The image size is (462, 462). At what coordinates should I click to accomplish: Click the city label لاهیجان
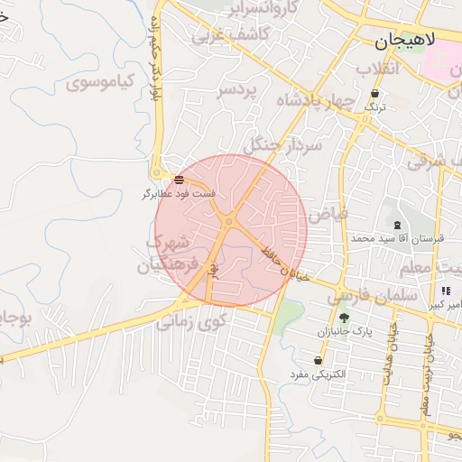(405, 41)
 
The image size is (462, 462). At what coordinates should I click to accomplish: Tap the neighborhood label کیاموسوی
(100, 80)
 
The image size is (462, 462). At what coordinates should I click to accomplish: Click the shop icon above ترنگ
(374, 93)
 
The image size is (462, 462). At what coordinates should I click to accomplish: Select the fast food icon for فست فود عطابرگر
(179, 180)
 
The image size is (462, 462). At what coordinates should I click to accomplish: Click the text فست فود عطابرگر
(179, 193)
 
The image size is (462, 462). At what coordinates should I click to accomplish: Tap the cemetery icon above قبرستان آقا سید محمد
(397, 224)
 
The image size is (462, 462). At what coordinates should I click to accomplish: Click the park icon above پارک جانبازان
(344, 318)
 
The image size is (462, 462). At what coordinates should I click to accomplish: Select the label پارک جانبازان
(344, 332)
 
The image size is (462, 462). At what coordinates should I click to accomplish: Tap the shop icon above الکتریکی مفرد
(318, 361)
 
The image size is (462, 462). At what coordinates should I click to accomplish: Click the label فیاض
(327, 215)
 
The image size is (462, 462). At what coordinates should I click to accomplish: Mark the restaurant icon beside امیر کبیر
(446, 291)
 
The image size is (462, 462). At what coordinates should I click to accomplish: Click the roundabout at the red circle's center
(230, 221)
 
